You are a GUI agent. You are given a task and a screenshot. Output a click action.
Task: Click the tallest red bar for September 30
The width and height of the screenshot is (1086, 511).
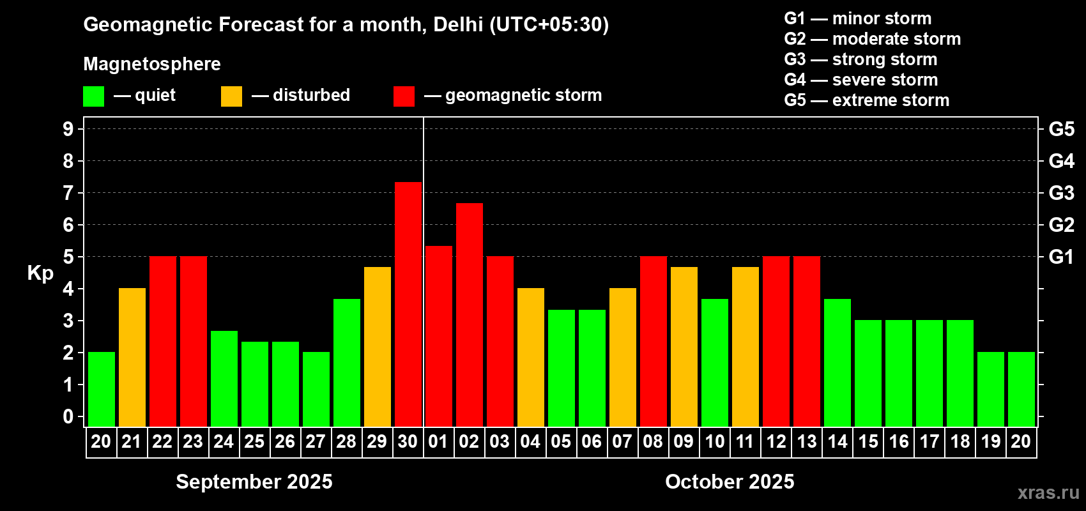point(408,304)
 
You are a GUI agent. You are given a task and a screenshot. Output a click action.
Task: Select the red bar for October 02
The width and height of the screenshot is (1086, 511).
point(470,314)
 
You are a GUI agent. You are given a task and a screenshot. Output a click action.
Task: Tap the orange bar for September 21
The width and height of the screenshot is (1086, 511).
point(132,357)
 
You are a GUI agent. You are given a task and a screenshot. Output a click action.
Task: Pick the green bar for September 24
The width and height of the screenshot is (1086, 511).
point(224,378)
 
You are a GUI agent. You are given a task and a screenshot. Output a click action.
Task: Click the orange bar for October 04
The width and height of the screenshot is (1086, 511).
point(531,357)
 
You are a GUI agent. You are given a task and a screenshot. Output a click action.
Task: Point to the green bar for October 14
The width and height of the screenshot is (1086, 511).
point(837,362)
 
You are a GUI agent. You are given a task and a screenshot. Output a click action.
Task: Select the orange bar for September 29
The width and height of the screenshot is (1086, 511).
point(378,346)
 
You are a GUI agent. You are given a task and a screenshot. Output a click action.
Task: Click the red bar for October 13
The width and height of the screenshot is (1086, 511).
point(807,341)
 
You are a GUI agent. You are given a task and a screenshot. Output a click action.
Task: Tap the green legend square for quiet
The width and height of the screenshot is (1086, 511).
point(94,96)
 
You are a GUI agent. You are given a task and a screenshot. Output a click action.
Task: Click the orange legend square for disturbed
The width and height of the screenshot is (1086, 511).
point(232,96)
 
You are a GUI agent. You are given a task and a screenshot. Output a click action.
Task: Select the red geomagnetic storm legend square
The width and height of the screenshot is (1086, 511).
point(404,96)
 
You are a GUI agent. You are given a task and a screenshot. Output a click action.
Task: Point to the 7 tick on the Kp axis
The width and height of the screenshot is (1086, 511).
point(68,193)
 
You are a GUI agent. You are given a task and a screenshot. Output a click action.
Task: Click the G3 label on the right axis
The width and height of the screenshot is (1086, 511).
point(1061,193)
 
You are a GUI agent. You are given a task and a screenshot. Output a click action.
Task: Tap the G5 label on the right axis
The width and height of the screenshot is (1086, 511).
point(1061,129)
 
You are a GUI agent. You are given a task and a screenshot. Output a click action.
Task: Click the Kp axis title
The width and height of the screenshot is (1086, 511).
point(40,273)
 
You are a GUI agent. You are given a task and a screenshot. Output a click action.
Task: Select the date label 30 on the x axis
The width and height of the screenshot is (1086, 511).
point(408,442)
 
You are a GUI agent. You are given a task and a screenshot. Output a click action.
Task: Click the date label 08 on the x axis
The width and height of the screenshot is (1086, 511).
point(653,442)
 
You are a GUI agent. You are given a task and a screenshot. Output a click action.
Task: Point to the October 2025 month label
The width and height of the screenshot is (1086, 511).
point(730,482)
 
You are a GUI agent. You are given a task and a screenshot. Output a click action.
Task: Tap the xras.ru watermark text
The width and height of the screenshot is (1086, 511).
point(1048,492)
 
